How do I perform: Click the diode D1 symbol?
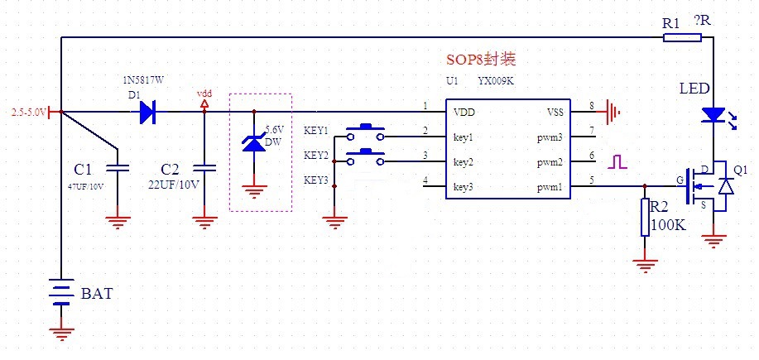pyautogui.click(x=148, y=111)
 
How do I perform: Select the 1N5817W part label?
pyautogui.click(x=144, y=79)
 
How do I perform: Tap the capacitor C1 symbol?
pyautogui.click(x=118, y=169)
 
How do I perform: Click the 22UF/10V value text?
pyautogui.click(x=174, y=184)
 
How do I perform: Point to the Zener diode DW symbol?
pyautogui.click(x=254, y=142)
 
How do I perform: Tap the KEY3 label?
pyautogui.click(x=315, y=180)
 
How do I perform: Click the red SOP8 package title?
pyautogui.click(x=481, y=60)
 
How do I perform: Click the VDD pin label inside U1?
pyautogui.click(x=464, y=112)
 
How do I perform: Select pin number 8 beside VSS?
pyautogui.click(x=591, y=106)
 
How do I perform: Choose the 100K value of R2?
pyautogui.click(x=668, y=224)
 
